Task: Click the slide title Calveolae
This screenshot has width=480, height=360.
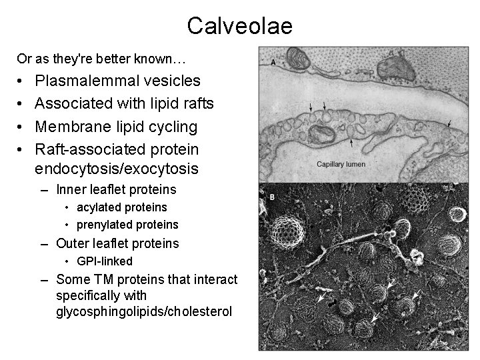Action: (239, 26)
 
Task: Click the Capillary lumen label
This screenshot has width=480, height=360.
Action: (341, 164)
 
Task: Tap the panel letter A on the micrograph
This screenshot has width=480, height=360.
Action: (274, 61)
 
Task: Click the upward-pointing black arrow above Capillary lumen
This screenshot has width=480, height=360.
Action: (351, 142)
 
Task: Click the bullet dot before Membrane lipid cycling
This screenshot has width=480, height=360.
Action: (21, 126)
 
